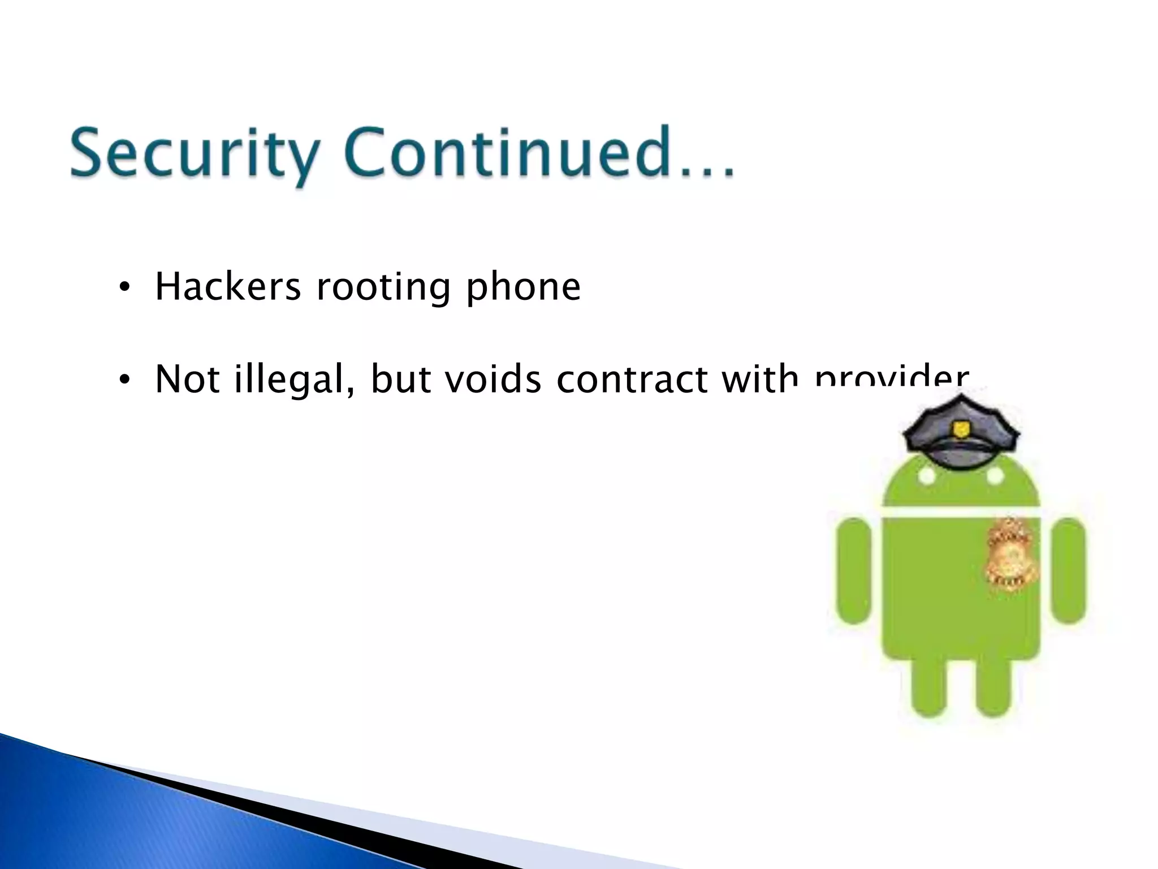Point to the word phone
click(523, 287)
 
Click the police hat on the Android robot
click(961, 433)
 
